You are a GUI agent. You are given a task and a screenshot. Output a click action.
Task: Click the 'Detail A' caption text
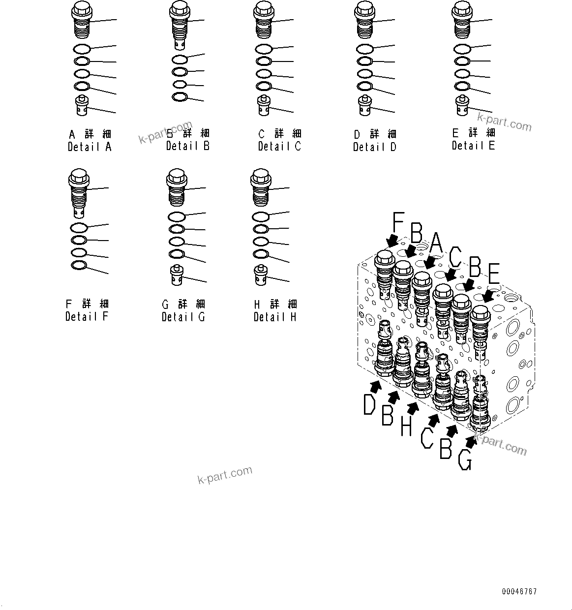[x=90, y=147]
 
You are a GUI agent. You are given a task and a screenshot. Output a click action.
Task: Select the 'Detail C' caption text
[x=279, y=146]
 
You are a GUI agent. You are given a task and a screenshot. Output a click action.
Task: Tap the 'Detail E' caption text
[x=473, y=145]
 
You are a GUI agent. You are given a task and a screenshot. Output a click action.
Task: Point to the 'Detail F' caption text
[x=87, y=316]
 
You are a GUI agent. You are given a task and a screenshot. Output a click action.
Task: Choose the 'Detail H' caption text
[x=275, y=317]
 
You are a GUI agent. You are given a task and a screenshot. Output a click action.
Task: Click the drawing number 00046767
[x=519, y=591]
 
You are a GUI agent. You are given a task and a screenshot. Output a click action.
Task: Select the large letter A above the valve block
[x=436, y=244]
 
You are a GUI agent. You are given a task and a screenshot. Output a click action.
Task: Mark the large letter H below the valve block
[x=405, y=426]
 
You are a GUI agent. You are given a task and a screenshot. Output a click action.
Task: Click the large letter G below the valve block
[x=465, y=459]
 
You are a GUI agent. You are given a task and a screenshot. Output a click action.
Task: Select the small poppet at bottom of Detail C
[x=264, y=106]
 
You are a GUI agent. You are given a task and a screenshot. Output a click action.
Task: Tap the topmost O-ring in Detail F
[x=79, y=227]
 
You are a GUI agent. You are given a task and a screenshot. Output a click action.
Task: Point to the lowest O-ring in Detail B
[x=180, y=97]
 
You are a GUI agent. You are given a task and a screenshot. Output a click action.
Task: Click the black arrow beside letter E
[x=488, y=297]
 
